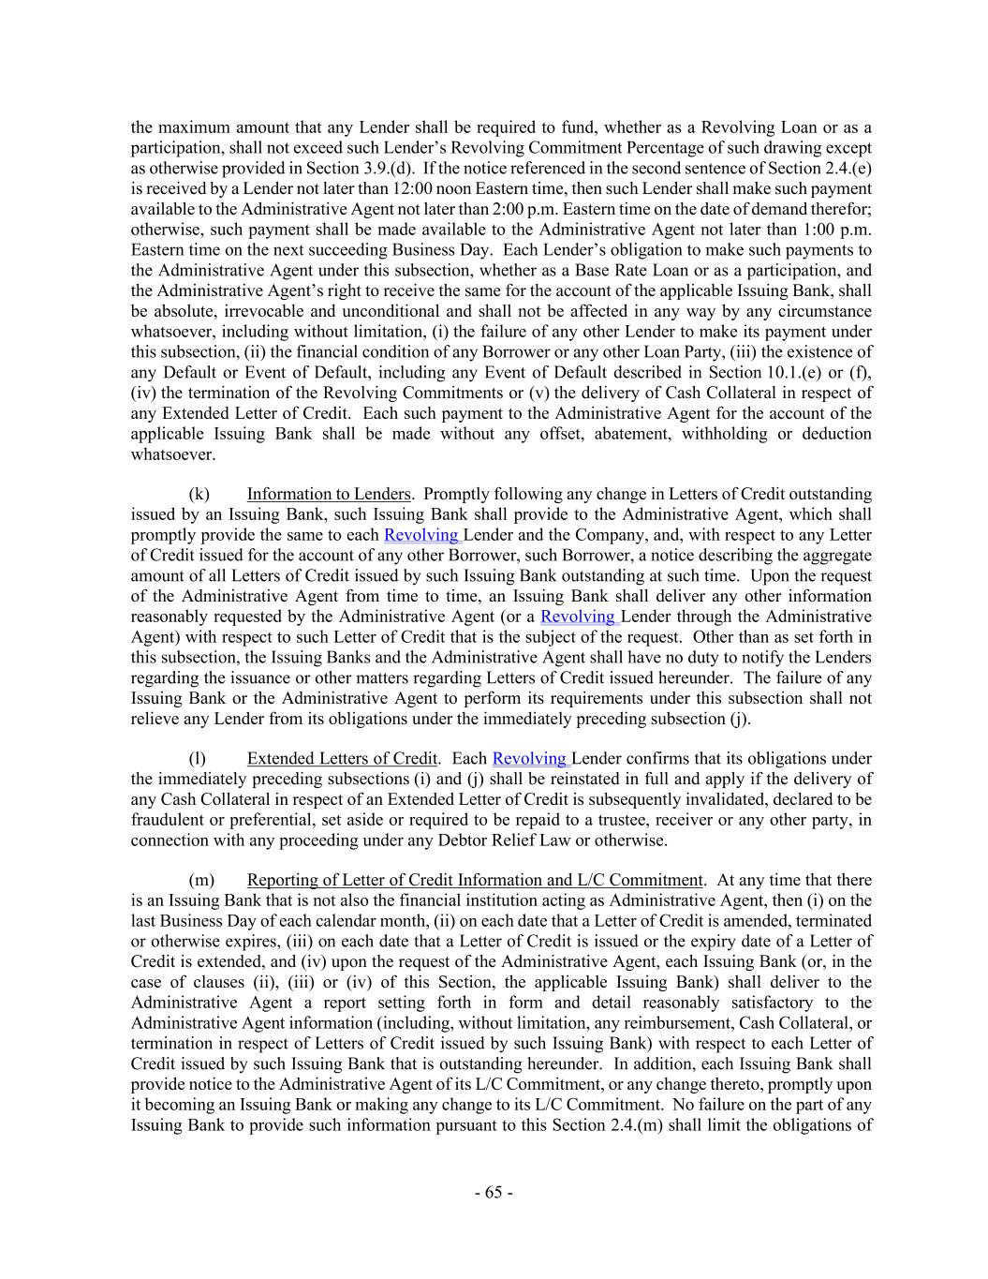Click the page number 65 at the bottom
point(494,1193)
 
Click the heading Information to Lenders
point(328,494)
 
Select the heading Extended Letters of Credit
point(342,759)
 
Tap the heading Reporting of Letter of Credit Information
point(474,880)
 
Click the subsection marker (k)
point(199,494)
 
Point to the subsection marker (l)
point(198,759)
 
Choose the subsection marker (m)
point(201,880)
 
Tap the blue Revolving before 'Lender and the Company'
point(421,535)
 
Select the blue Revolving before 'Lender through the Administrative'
point(578,617)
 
